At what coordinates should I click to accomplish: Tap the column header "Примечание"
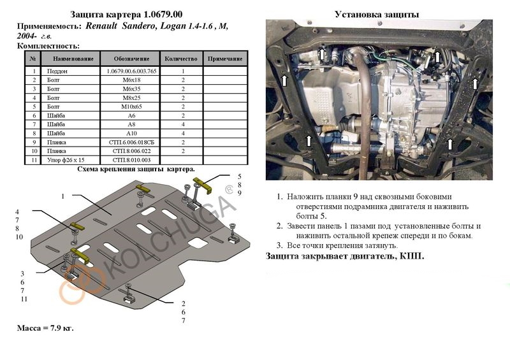tap(227, 59)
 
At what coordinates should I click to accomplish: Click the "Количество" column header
tap(182, 59)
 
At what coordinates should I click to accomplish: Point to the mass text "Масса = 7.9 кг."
tap(45, 328)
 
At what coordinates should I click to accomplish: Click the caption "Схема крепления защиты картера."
tap(136, 169)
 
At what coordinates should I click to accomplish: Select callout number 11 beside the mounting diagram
tap(23, 299)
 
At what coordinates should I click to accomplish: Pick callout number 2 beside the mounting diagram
tap(184, 303)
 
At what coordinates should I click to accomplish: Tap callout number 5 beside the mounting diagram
tap(240, 176)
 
